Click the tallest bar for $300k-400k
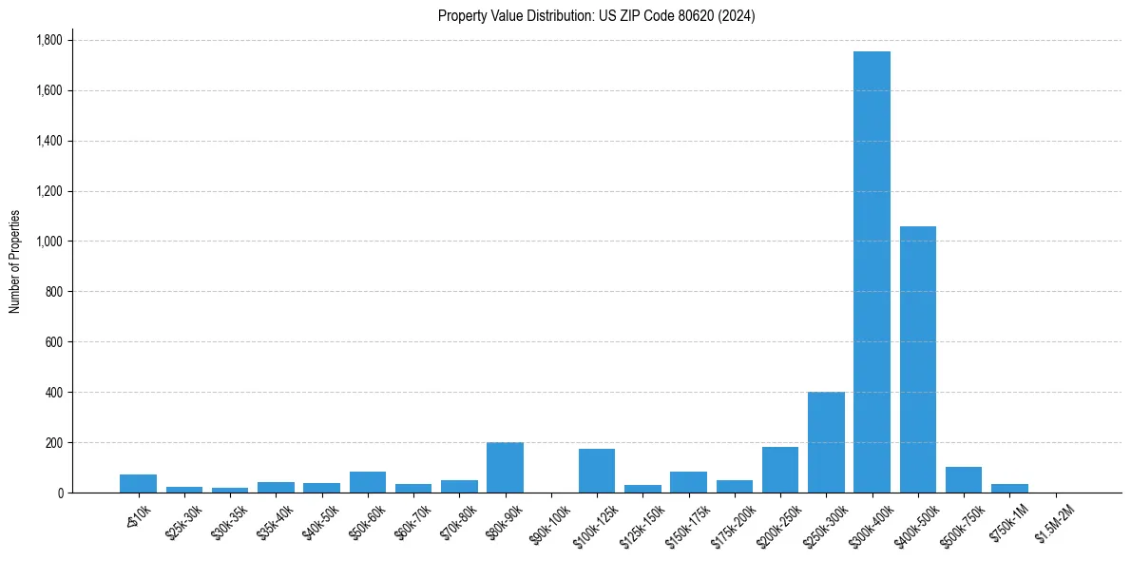tap(872, 272)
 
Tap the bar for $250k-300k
tap(826, 442)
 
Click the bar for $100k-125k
tap(597, 471)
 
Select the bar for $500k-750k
tap(964, 480)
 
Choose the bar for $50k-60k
tap(367, 482)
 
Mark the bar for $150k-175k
tap(688, 482)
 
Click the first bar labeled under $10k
tap(138, 483)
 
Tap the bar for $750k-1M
tap(1009, 488)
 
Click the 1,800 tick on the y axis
tap(48, 40)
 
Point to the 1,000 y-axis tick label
tap(48, 242)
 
